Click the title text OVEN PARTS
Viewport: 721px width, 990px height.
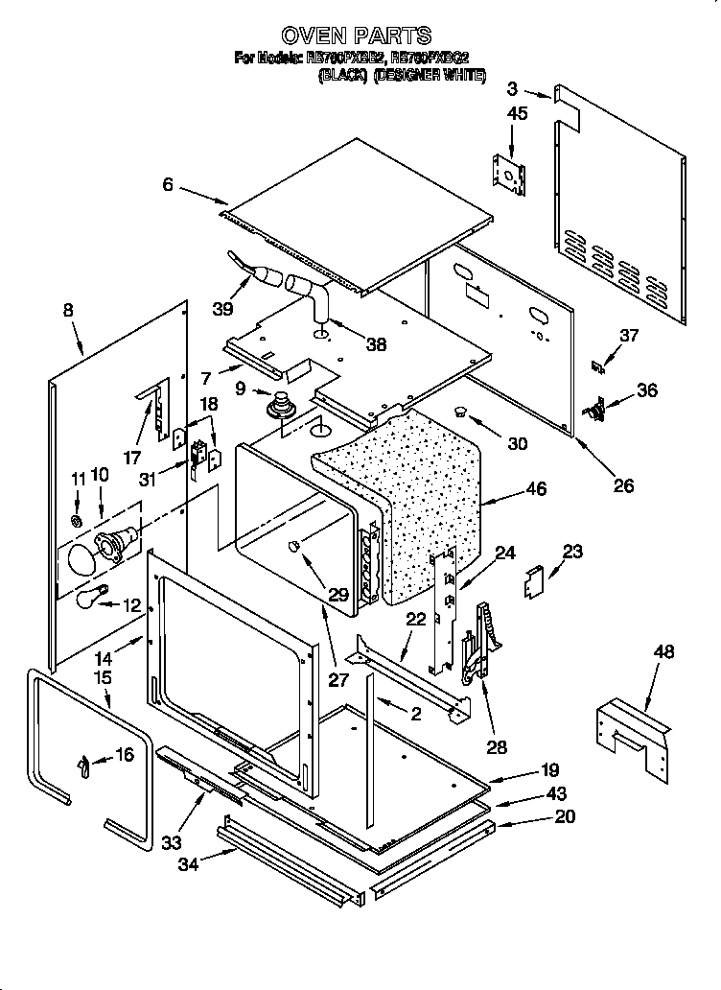click(360, 36)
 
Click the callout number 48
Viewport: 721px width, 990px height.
click(663, 652)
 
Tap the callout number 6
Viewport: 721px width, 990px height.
click(168, 185)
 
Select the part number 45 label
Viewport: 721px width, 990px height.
click(517, 113)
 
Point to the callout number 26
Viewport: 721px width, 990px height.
click(623, 485)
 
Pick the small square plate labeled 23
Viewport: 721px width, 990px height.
click(534, 580)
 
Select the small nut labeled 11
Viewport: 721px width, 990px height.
click(78, 521)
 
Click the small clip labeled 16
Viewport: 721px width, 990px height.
click(84, 765)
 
